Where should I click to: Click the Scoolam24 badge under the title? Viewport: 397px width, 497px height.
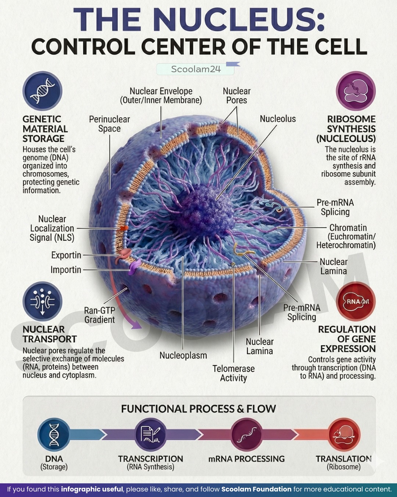coord(196,69)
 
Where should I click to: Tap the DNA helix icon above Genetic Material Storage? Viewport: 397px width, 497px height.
coord(42,91)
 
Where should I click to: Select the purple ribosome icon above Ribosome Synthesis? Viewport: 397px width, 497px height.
coord(355,91)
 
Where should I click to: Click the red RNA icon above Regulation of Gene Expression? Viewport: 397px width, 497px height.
coord(355,301)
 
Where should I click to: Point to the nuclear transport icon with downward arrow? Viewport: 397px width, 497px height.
coord(42,301)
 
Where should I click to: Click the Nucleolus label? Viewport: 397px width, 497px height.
coord(278,119)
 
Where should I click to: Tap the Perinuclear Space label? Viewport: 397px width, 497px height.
coord(109,124)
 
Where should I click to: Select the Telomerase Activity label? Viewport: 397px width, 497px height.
coord(233,373)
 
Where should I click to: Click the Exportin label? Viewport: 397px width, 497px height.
coord(66,255)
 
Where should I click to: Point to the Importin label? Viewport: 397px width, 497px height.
coord(66,270)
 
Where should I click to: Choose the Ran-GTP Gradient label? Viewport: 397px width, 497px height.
coord(100,315)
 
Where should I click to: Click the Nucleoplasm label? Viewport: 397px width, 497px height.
coord(183,355)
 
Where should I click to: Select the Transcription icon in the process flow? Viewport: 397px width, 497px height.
coord(151,435)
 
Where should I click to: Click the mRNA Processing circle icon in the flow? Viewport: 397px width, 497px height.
coord(247,435)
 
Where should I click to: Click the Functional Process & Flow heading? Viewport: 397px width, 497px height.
coord(198,409)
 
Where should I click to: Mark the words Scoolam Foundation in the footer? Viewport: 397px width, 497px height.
coord(256,489)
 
